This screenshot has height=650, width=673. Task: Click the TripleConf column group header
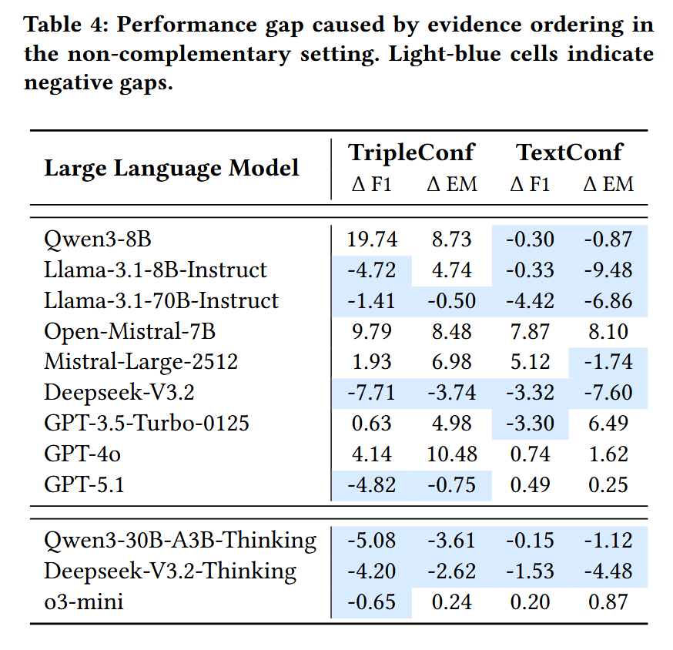[412, 152]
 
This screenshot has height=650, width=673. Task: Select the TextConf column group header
[569, 152]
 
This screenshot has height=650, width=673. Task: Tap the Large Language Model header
[172, 168]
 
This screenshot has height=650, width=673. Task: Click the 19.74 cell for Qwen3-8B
[372, 240]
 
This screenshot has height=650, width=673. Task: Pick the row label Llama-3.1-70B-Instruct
[161, 300]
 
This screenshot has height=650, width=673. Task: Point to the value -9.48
[608, 270]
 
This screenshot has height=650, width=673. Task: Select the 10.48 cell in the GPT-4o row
[452, 454]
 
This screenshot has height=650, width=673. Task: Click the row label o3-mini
[84, 601]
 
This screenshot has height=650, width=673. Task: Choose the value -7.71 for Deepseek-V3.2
[372, 393]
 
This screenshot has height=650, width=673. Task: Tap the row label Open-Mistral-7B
[130, 331]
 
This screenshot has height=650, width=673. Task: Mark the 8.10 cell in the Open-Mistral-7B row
[608, 331]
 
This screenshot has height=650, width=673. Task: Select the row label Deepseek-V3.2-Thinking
[170, 571]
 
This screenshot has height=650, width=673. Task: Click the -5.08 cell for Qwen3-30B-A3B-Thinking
[372, 541]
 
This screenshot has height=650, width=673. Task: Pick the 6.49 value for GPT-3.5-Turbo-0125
[608, 424]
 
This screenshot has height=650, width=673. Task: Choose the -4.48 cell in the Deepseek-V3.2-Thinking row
[608, 571]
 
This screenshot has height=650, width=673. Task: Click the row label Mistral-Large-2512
[141, 362]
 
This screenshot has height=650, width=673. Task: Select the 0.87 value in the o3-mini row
[608, 601]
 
